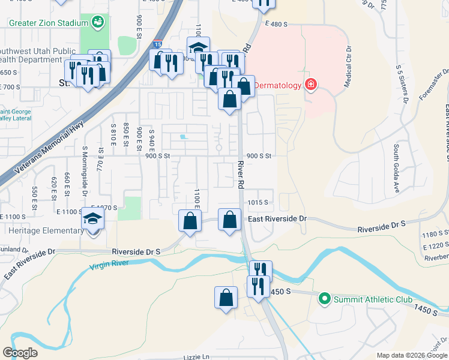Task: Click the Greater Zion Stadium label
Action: tap(48, 24)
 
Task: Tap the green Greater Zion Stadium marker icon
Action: tap(98, 23)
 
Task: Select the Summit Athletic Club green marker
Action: tap(325, 298)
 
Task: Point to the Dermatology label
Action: tap(277, 85)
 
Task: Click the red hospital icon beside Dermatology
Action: tap(311, 84)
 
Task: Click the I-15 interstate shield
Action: tap(157, 44)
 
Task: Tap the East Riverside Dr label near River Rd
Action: tap(277, 220)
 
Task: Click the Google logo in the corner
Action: tap(20, 353)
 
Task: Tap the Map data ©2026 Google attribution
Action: tap(411, 355)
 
